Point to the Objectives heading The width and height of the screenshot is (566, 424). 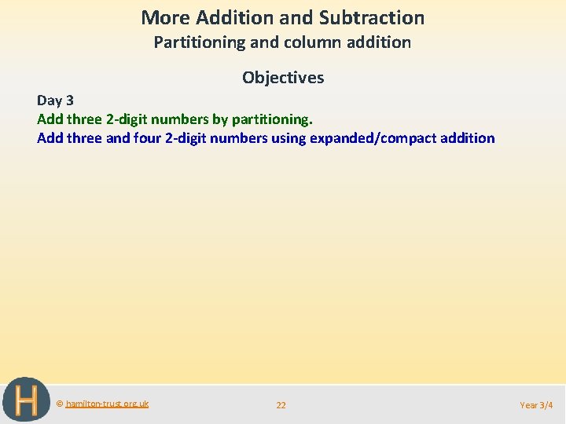coord(283,78)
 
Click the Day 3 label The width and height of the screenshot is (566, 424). coord(55,101)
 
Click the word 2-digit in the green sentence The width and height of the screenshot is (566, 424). coord(129,119)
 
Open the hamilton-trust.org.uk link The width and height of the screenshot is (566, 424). coord(107,404)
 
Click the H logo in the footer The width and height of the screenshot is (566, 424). coord(26,400)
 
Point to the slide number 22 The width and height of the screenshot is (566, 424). coord(281,405)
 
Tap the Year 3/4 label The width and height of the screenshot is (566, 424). coord(536,405)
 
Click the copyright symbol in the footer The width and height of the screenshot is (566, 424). coord(60,404)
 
